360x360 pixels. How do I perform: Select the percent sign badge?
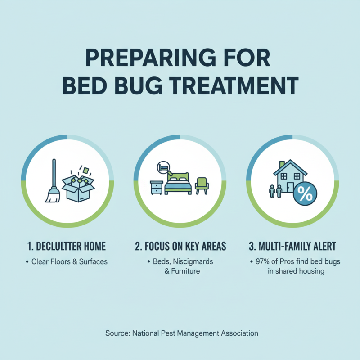(x=305, y=194)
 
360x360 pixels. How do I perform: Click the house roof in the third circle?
(x=290, y=168)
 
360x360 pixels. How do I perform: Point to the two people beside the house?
(x=275, y=191)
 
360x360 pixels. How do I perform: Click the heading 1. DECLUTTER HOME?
(x=67, y=246)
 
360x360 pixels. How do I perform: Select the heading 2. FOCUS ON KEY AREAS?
(x=180, y=246)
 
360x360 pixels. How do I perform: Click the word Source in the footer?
(x=117, y=333)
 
